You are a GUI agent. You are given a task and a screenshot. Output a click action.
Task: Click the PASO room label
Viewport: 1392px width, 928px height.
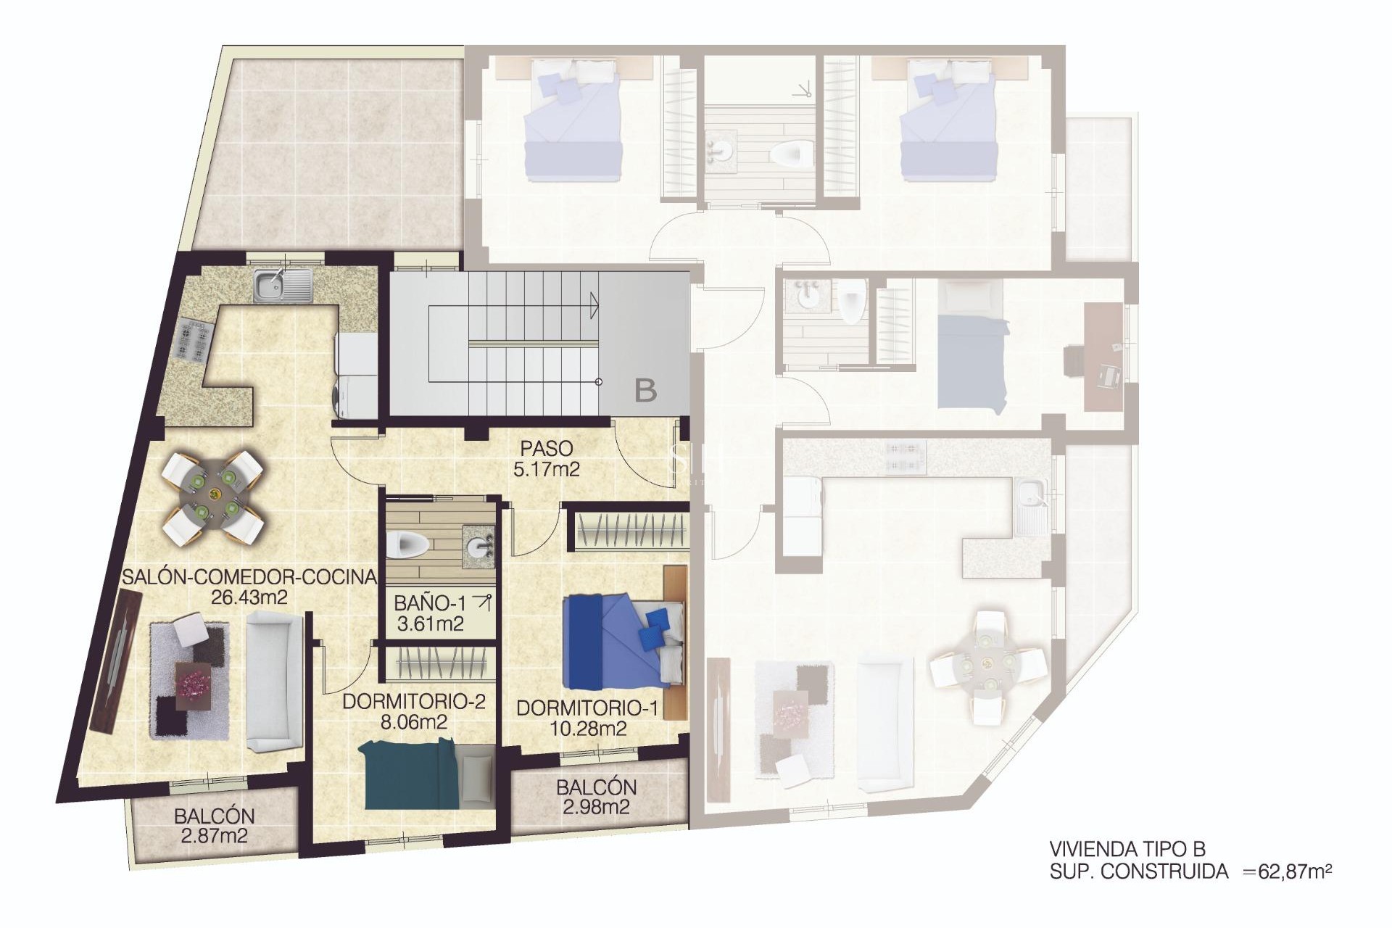tap(546, 448)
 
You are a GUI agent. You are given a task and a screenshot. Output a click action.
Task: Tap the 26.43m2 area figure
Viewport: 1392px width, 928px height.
tap(249, 597)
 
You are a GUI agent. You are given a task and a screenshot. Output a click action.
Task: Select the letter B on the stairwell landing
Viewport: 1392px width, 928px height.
tap(645, 391)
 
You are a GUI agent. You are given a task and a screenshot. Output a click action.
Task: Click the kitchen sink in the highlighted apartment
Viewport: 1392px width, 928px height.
tap(283, 284)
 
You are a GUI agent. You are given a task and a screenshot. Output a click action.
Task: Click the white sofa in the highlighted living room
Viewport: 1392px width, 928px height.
tap(274, 680)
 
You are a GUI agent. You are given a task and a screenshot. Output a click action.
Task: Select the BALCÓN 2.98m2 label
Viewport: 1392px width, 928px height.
tap(596, 796)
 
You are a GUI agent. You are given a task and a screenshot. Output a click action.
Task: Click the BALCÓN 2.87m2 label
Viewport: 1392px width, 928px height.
tap(214, 826)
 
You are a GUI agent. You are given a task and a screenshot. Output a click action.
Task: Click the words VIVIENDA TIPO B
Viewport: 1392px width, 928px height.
tap(1127, 849)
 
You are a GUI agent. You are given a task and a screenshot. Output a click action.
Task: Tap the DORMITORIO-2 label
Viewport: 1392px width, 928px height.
tap(413, 702)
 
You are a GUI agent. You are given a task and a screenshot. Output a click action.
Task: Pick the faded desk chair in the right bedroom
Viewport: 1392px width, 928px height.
tap(1108, 375)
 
